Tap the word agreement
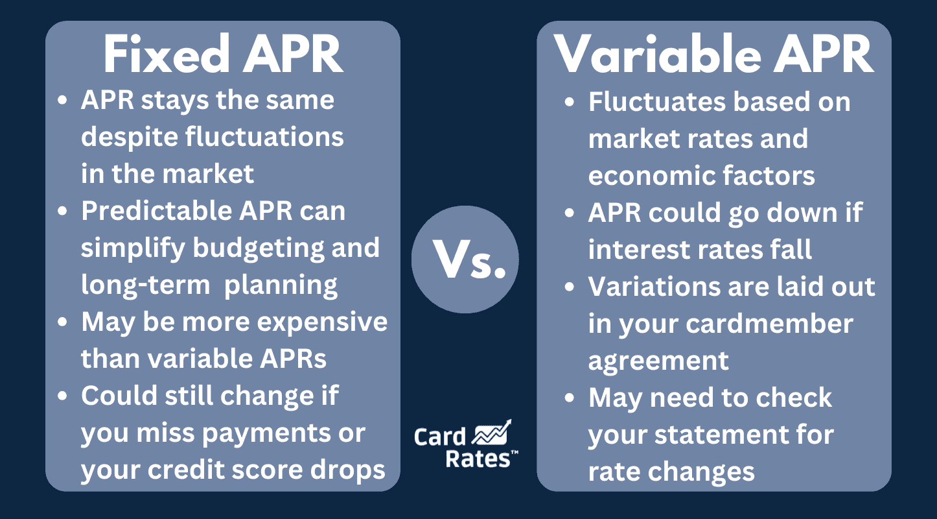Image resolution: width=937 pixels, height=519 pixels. point(658,361)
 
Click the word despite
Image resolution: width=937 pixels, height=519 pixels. point(128,138)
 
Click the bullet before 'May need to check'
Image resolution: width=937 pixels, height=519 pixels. point(570,398)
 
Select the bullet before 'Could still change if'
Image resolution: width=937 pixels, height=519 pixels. point(62,396)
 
